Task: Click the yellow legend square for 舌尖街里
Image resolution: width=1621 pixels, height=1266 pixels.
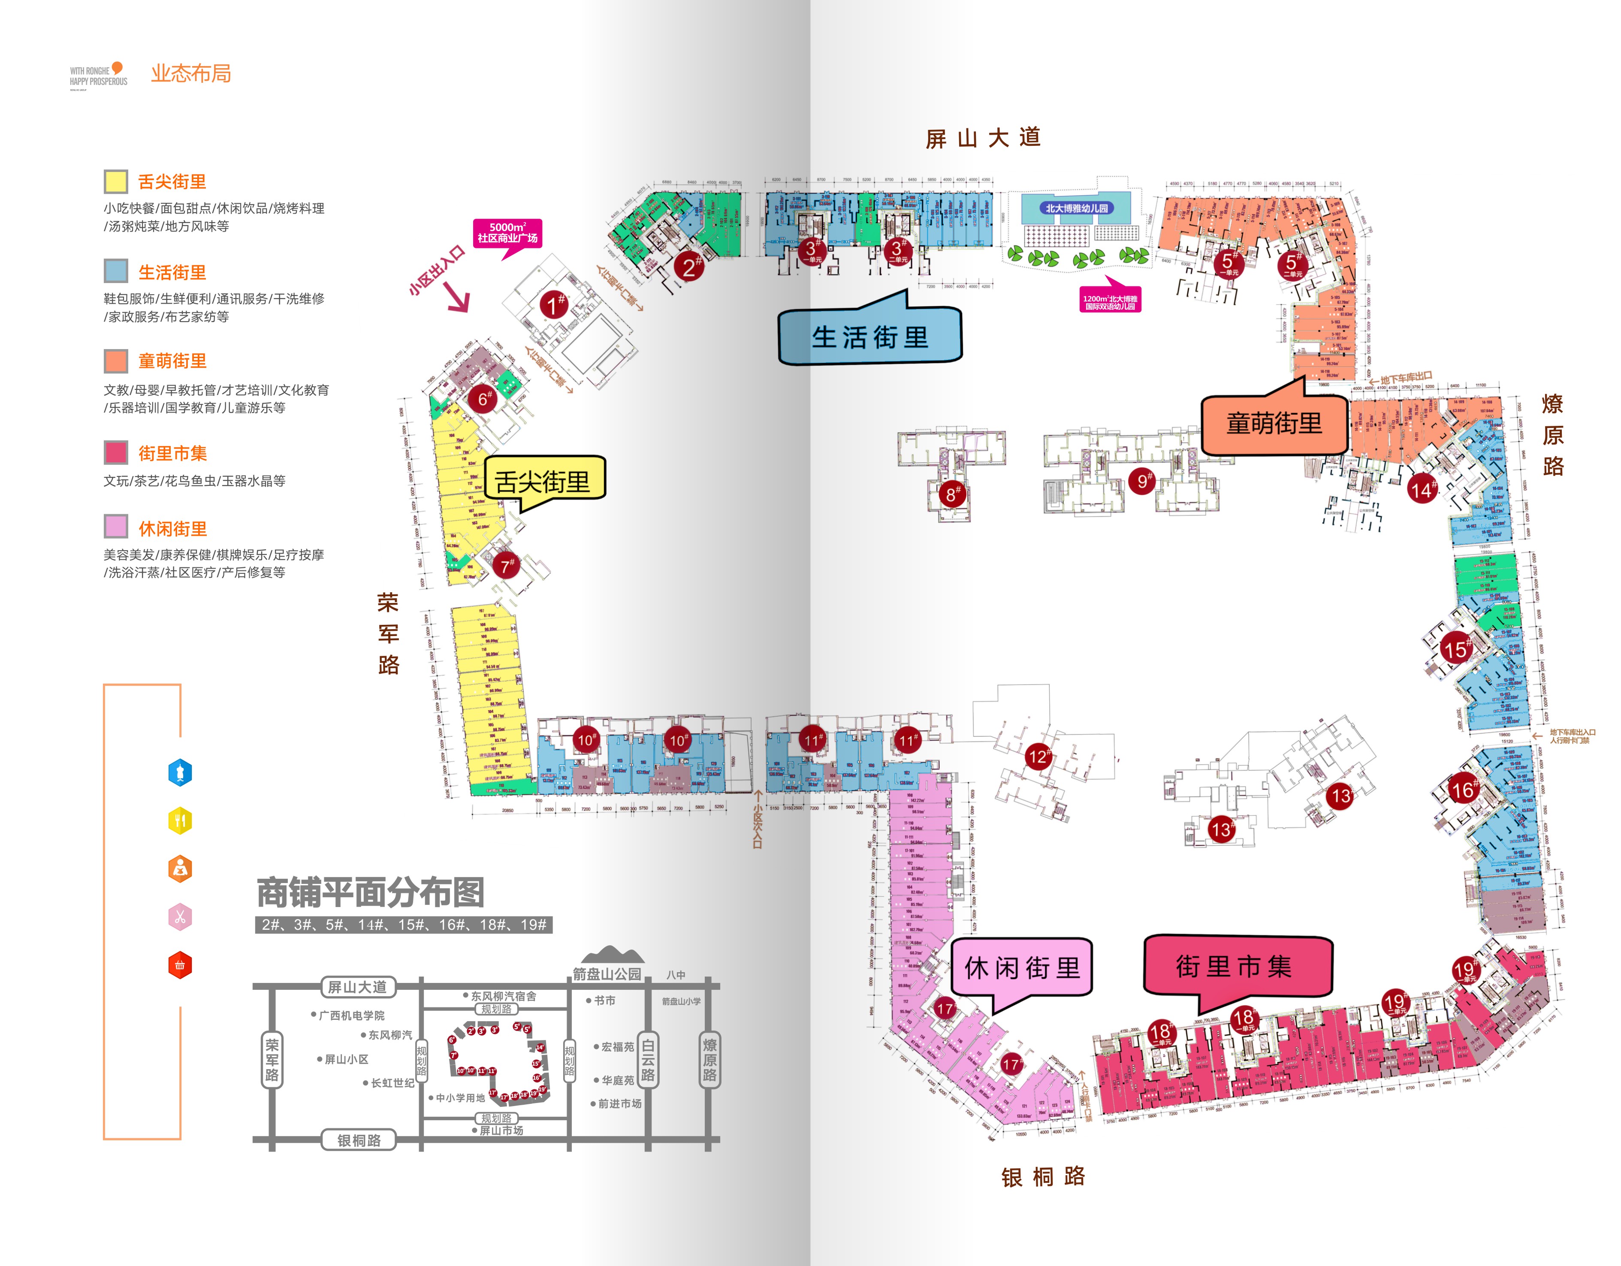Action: click(115, 182)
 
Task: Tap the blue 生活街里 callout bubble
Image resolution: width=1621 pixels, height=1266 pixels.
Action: click(870, 337)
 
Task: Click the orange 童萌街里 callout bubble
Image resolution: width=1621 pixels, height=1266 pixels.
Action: click(1274, 424)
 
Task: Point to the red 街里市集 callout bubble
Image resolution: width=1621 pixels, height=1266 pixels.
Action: click(1237, 966)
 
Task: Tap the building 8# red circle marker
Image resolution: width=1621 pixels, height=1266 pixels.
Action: click(951, 494)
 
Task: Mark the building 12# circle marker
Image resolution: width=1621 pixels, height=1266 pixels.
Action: click(1038, 757)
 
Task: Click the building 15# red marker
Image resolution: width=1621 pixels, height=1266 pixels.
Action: click(1455, 649)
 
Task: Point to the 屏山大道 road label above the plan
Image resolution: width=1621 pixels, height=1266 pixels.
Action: click(983, 138)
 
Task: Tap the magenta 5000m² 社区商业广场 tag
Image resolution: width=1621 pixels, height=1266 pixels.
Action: click(508, 233)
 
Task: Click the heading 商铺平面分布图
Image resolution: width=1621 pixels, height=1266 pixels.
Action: click(370, 893)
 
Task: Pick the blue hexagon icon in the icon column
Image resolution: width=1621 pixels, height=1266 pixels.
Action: click(180, 772)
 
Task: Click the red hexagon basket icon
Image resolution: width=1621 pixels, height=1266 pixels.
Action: click(180, 965)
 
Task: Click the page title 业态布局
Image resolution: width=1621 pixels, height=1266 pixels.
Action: click(191, 73)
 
